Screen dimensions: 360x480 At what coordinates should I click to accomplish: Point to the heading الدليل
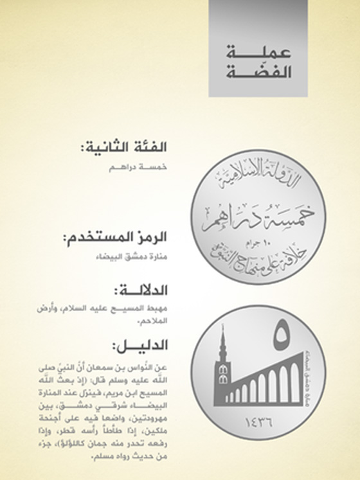pos(144,348)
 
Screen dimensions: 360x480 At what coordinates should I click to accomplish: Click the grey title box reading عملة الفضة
pos(257,48)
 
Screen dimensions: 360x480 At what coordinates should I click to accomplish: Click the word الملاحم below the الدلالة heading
pos(165,317)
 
